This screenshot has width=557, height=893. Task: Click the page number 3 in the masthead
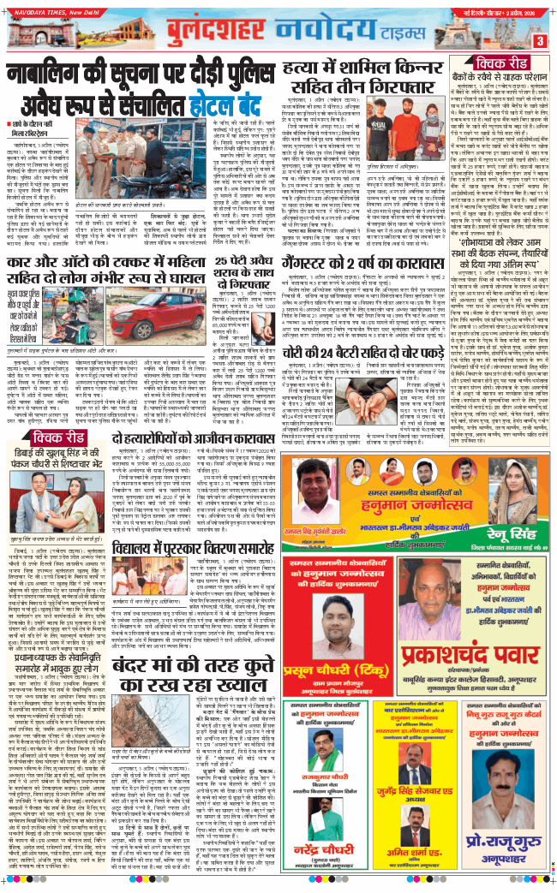point(541,40)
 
